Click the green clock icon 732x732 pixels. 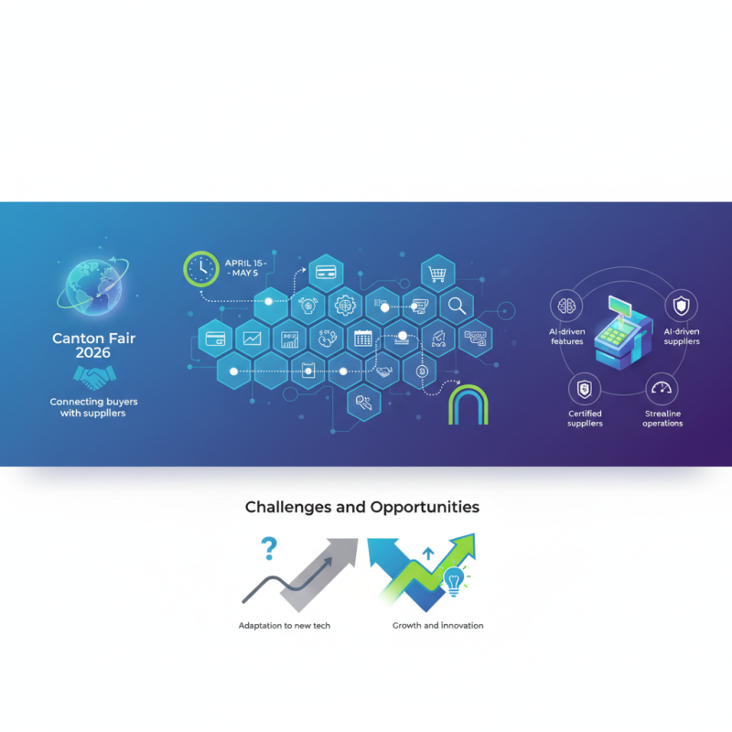pos(201,268)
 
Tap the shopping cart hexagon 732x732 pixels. pos(436,272)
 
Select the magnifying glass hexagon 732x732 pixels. pos(455,305)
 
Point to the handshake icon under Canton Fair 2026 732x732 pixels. pos(93,377)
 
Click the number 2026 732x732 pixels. pos(93,353)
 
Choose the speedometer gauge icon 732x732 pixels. pos(661,389)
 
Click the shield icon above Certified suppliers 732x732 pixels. pos(584,390)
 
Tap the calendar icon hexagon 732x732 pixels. pos(362,338)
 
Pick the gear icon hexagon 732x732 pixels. pos(345,305)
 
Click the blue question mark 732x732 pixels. pos(268,549)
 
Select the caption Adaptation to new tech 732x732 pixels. pos(285,626)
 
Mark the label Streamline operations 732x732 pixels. pos(662,418)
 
